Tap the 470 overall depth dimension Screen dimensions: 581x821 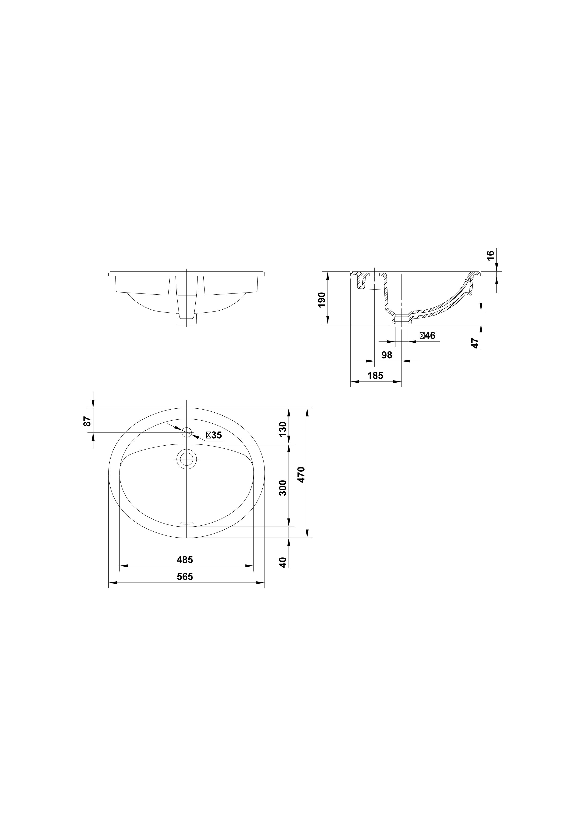(x=301, y=474)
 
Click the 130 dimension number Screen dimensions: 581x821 (x=283, y=429)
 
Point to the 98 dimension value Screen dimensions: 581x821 (x=387, y=355)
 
